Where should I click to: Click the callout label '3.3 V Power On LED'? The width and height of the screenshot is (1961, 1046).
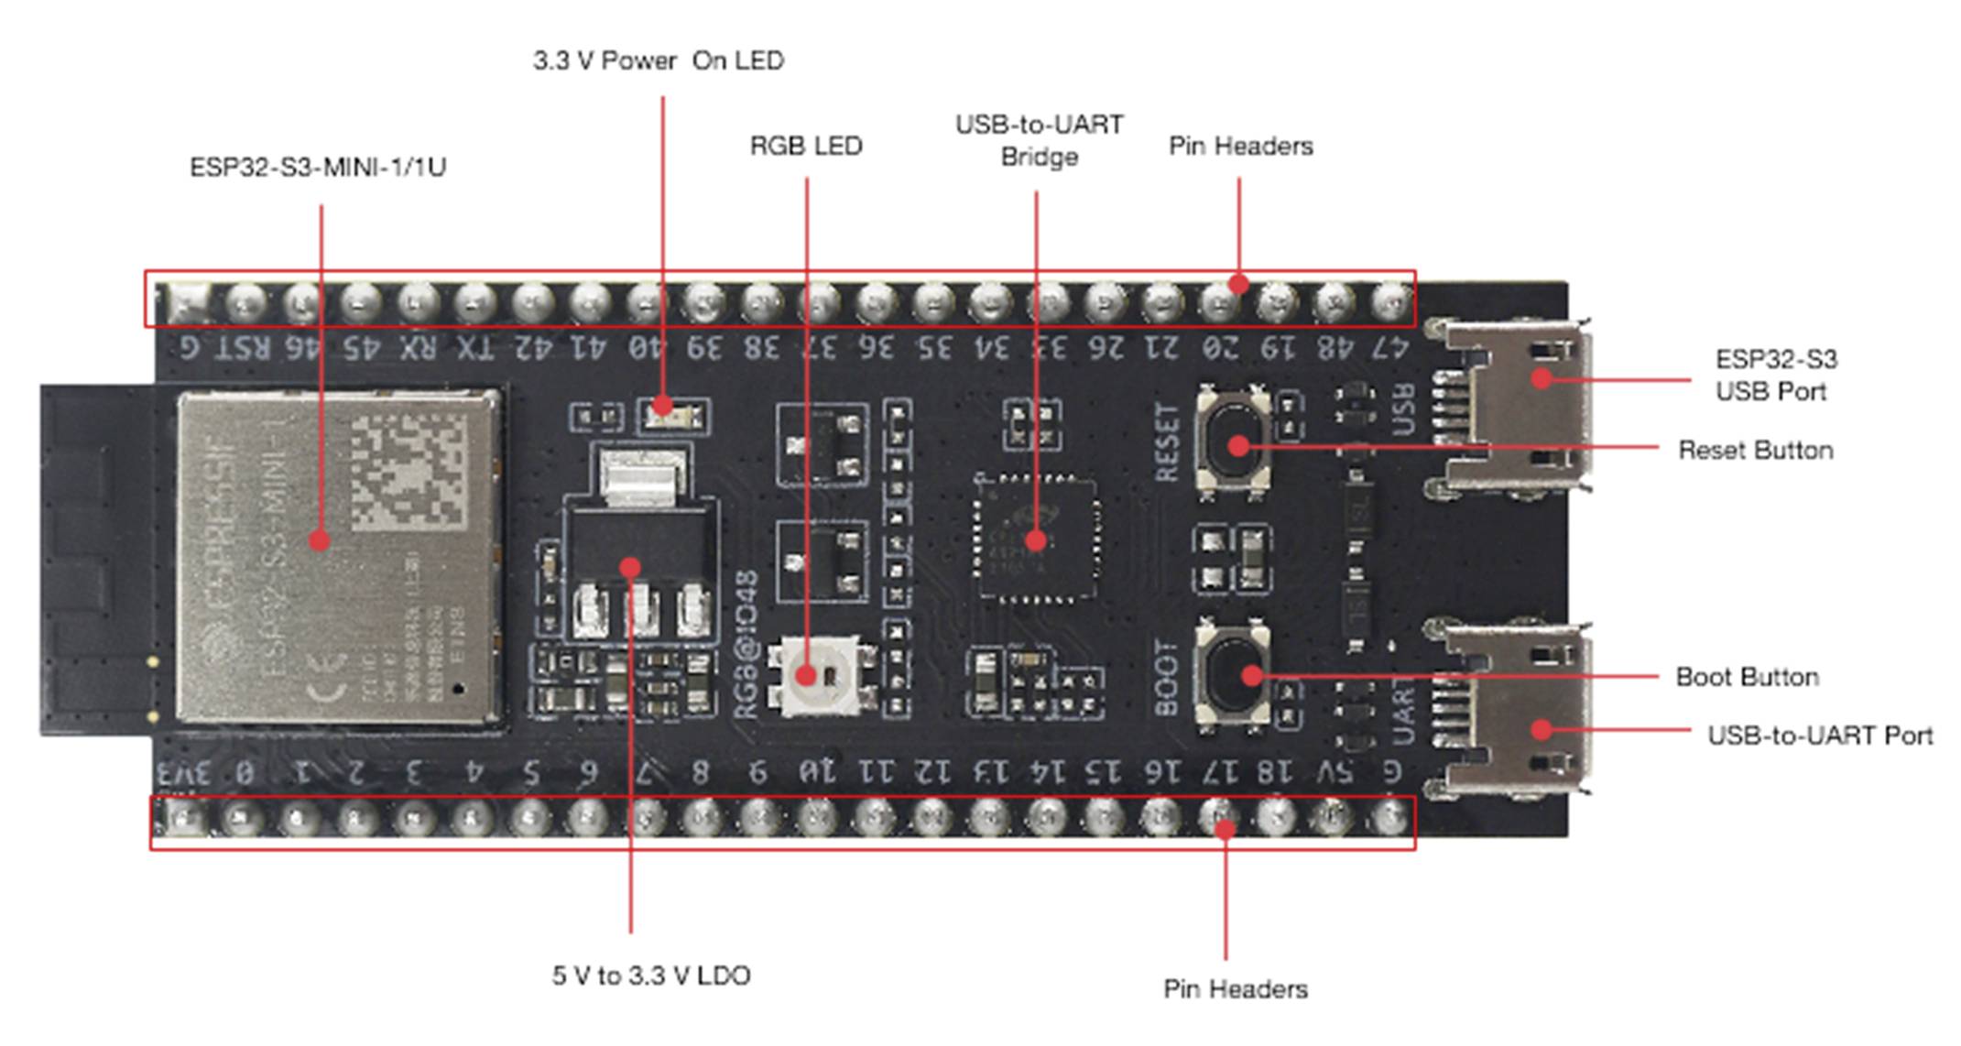coord(659,60)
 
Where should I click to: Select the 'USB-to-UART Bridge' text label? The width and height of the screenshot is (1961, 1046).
coord(1039,140)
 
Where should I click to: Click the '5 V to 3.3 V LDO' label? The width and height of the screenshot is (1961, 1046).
coord(651,975)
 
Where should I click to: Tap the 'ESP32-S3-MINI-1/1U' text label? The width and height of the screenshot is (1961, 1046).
coord(318,168)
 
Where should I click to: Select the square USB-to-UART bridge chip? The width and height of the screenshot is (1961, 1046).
coord(1036,539)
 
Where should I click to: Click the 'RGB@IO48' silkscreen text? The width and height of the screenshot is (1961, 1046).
coord(746,646)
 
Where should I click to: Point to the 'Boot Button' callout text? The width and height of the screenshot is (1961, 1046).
coord(1747,678)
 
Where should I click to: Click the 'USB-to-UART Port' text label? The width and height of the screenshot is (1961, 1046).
coord(1819,735)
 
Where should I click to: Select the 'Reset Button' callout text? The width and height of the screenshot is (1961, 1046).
coord(1755,451)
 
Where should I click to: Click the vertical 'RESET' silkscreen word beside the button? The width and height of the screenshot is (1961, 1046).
coord(1167,442)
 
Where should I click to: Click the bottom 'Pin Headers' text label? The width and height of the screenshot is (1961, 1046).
coord(1235,989)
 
